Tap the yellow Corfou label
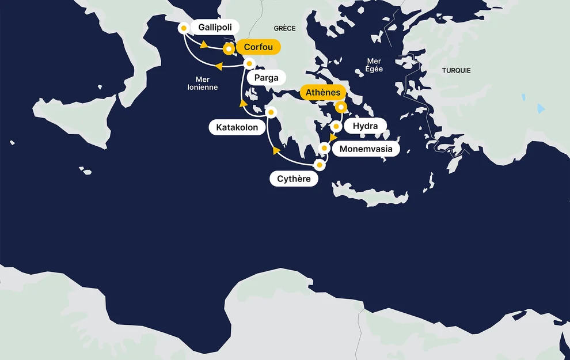(258, 47)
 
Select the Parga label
(266, 78)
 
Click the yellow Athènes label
(323, 92)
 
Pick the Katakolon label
(237, 127)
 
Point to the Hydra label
(365, 126)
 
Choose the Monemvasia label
(366, 149)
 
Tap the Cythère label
(294, 179)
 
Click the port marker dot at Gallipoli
(184, 28)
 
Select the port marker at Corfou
(229, 50)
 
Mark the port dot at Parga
(249, 63)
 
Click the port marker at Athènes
(341, 107)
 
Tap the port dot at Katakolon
(271, 112)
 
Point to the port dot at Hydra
(336, 126)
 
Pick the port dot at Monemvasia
(324, 148)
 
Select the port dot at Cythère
(320, 165)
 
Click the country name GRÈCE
(284, 28)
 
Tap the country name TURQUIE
(456, 70)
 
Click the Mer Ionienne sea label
(203, 83)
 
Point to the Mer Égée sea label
(374, 65)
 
